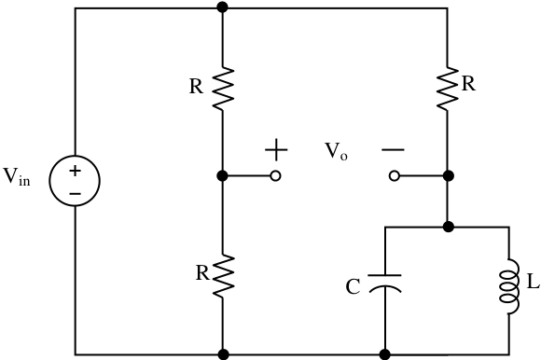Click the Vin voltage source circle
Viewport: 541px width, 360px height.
(75, 156)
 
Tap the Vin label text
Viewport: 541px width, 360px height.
(17, 176)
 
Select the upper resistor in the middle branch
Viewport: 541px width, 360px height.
(223, 89)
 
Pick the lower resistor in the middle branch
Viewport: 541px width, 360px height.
(223, 276)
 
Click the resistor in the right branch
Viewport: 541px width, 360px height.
(448, 89)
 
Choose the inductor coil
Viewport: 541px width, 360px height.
(509, 287)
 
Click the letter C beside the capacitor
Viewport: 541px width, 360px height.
(353, 287)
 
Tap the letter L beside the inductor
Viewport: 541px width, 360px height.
(533, 282)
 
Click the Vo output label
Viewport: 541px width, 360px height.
(336, 151)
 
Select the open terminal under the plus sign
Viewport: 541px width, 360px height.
(275, 176)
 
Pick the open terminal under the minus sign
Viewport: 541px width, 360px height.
(395, 176)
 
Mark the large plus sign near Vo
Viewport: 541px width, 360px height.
(276, 149)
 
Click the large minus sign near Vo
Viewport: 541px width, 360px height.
(393, 149)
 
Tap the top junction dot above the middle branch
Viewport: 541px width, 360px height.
(223, 7)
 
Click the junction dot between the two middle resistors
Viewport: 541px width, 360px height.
(223, 176)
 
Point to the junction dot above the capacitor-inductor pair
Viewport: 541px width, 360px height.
(448, 227)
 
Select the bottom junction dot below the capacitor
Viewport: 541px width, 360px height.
(384, 354)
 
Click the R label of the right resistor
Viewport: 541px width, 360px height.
(468, 83)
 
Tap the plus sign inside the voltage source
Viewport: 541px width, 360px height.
(75, 171)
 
